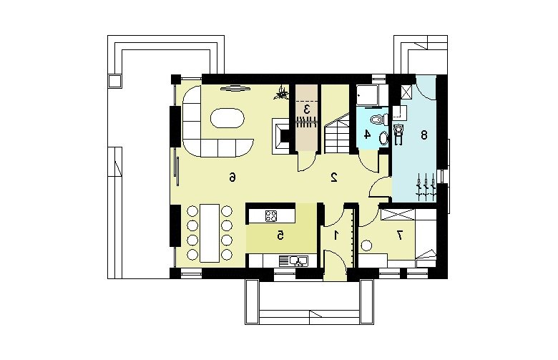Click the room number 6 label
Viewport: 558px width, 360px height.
(x=232, y=177)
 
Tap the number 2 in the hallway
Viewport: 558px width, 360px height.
(x=334, y=177)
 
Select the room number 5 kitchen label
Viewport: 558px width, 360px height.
(x=280, y=235)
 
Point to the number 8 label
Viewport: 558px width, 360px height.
(x=424, y=135)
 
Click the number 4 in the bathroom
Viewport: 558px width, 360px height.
(x=367, y=135)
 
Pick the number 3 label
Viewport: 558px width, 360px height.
(x=306, y=109)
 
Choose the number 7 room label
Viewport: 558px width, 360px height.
(x=400, y=235)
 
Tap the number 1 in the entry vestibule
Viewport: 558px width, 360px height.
(x=336, y=235)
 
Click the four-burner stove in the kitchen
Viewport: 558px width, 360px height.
(x=271, y=216)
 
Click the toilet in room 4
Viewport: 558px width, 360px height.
(x=378, y=119)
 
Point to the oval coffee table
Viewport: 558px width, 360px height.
(x=227, y=119)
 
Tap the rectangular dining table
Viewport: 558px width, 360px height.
(x=210, y=233)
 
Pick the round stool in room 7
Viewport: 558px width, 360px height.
(x=366, y=245)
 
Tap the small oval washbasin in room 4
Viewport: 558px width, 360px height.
(x=383, y=138)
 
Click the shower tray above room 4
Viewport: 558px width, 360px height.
(x=368, y=96)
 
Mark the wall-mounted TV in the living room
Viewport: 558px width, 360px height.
(x=235, y=88)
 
